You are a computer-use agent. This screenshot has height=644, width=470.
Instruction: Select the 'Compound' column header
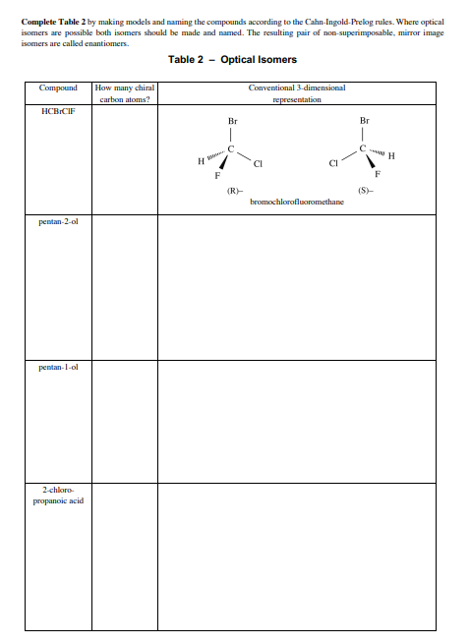tap(58, 88)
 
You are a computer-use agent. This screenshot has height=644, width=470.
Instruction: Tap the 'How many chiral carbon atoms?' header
tap(124, 94)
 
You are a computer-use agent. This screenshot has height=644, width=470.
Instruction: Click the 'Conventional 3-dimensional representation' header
tap(297, 94)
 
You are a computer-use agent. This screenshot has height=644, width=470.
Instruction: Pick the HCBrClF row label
tap(58, 111)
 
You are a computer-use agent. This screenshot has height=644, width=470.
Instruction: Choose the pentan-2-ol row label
tap(58, 222)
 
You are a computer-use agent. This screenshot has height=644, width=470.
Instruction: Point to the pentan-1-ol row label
tap(58, 366)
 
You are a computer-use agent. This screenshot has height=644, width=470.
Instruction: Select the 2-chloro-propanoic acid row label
tap(62, 495)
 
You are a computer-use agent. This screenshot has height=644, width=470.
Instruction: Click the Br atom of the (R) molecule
tap(232, 121)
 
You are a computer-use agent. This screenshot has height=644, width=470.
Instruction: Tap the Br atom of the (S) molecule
tap(365, 121)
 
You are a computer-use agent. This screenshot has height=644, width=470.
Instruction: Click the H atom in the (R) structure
tap(201, 160)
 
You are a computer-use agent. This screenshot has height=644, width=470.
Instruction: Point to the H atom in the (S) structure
tap(393, 156)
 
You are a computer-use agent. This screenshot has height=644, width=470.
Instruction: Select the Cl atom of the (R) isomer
tap(258, 163)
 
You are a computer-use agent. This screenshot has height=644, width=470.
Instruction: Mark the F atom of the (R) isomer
tap(217, 177)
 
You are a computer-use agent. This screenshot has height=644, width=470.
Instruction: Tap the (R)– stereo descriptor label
tap(233, 189)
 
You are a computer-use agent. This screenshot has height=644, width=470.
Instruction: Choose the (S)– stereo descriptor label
tap(365, 189)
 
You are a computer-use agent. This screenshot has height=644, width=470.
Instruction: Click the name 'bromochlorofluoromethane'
tap(297, 200)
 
